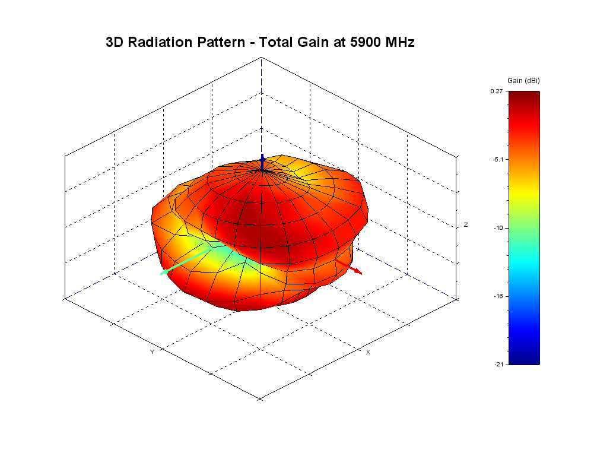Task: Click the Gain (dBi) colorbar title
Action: [x=523, y=80]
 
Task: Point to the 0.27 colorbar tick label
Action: [x=497, y=91]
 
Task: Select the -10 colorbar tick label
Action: [x=498, y=227]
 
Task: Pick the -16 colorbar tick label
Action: [x=498, y=296]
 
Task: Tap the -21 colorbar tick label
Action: [x=498, y=364]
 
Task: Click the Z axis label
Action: [x=466, y=224]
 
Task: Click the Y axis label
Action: [x=152, y=352]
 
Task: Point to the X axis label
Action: [x=368, y=352]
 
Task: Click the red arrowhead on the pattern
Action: [x=357, y=271]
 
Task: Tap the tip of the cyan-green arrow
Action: [x=161, y=274]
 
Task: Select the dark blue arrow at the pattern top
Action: [x=263, y=161]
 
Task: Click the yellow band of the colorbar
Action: [x=524, y=189]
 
